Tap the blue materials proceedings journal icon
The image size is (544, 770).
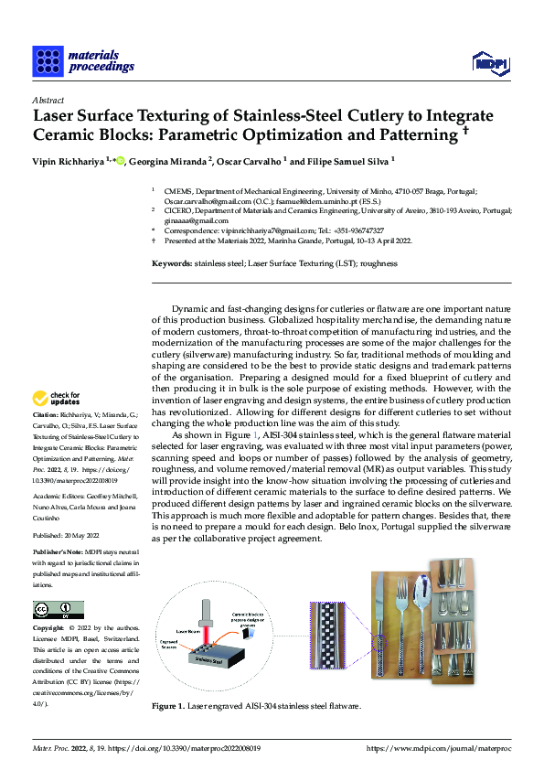click(48, 60)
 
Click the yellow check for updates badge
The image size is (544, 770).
click(55, 399)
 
